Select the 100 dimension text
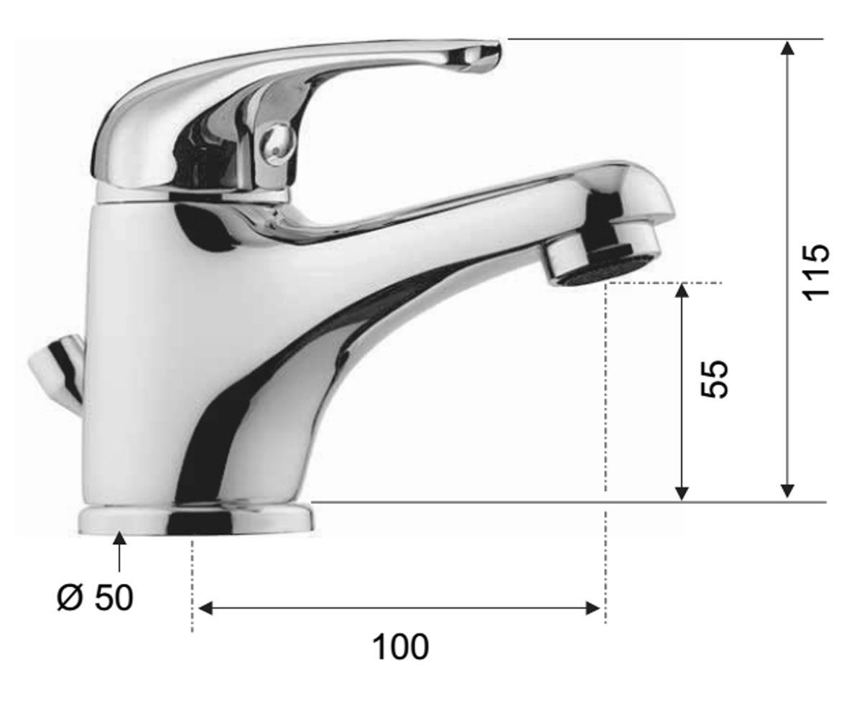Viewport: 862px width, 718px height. tap(400, 647)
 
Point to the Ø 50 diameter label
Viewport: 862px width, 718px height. tap(96, 597)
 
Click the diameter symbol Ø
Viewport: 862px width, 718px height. tap(70, 597)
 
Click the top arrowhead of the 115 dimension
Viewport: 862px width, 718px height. tap(788, 48)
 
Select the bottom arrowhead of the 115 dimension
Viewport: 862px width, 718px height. tap(788, 491)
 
